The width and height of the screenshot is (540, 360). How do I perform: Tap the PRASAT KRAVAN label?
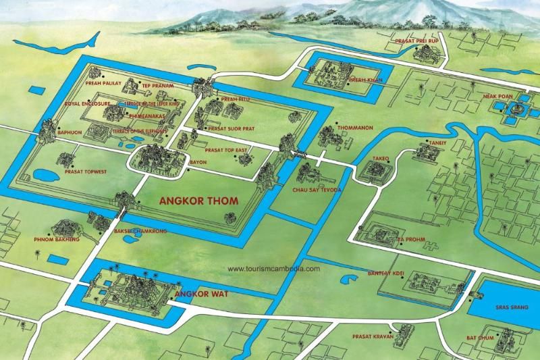[371, 336]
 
